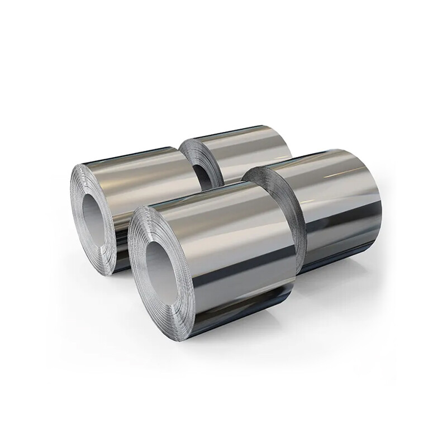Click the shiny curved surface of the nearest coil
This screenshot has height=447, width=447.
tap(240, 257)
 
